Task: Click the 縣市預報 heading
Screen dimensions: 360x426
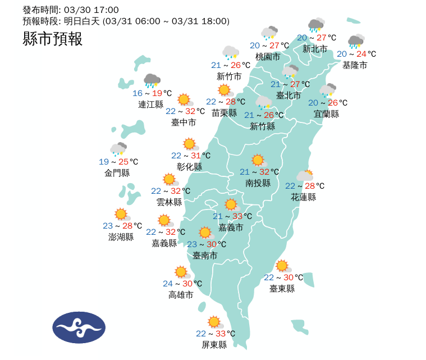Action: coord(53,39)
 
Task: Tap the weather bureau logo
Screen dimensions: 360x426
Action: coord(79,328)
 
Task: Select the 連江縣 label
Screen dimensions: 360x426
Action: coord(150,104)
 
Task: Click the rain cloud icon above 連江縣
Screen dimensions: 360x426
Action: coord(152,81)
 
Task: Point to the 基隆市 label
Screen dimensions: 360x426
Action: coord(355,65)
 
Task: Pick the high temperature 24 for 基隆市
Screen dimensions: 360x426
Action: coord(361,54)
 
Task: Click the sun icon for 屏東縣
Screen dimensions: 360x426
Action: coord(214,322)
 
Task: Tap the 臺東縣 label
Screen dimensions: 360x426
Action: coord(282,289)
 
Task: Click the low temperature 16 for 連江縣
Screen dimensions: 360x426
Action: coord(138,93)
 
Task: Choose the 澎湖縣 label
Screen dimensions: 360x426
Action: coord(121,237)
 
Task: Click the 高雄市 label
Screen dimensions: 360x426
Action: coord(181,295)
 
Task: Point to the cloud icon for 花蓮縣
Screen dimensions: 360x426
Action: coord(305,176)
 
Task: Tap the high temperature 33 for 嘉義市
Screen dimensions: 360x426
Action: coord(238,216)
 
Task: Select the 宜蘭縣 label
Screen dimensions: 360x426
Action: coord(326,114)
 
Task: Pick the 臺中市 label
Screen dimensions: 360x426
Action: coord(184,122)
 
